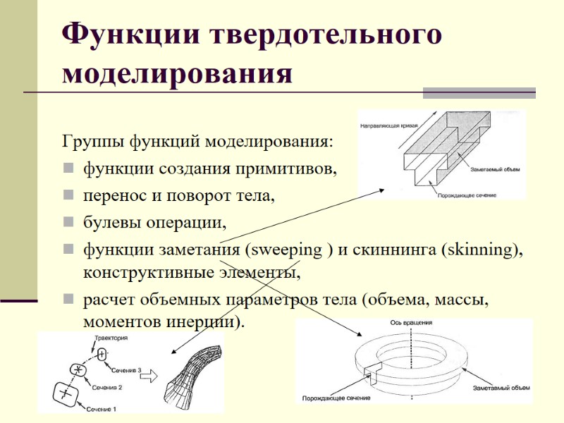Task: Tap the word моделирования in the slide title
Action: click(x=177, y=73)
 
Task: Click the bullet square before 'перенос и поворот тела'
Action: click(x=68, y=195)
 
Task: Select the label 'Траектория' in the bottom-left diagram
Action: click(x=110, y=339)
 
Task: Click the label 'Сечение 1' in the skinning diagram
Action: click(x=101, y=408)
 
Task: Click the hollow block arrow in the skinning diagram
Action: click(x=148, y=377)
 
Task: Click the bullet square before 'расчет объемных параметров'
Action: click(x=68, y=300)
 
